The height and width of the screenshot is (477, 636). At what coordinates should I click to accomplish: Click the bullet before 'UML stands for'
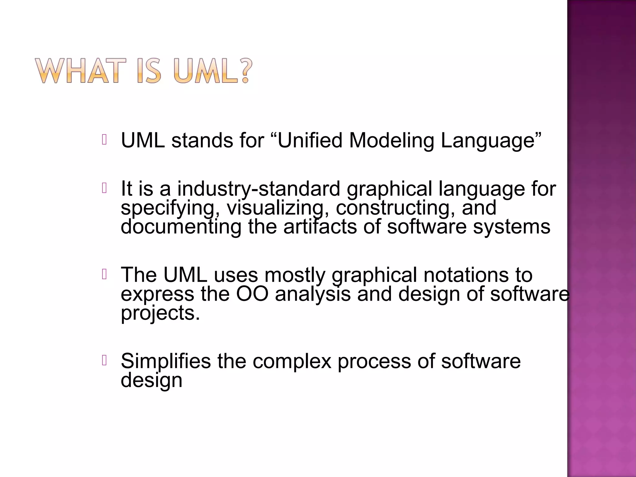tap(104, 140)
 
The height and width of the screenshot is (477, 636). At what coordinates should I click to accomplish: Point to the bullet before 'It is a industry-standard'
tap(104, 188)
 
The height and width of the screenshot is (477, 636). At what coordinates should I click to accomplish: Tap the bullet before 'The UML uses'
tap(104, 275)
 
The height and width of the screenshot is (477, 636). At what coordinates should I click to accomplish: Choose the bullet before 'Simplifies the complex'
tap(104, 361)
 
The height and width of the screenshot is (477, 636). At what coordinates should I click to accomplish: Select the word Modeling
tap(391, 141)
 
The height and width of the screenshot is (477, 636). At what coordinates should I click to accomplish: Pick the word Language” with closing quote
tap(491, 141)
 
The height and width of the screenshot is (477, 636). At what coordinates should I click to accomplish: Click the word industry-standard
tap(258, 189)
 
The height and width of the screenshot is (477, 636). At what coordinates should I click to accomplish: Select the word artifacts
tap(320, 227)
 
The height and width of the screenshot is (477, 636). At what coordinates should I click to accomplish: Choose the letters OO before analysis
tap(252, 294)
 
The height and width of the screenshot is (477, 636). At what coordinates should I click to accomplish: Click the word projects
tap(160, 313)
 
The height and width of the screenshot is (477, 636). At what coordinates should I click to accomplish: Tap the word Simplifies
tap(166, 361)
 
